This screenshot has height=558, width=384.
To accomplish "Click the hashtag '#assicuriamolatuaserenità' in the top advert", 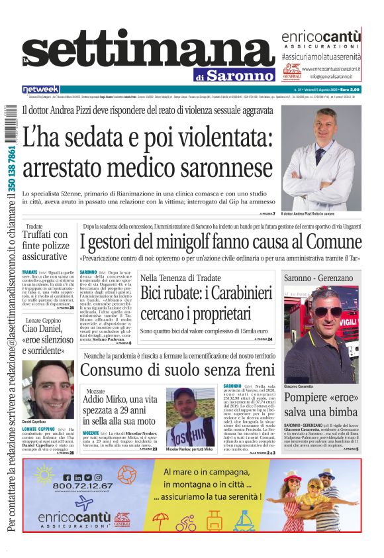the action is pyautogui.click(x=322, y=58).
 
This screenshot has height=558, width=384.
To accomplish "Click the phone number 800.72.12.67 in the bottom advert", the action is pyautogui.click(x=74, y=484).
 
